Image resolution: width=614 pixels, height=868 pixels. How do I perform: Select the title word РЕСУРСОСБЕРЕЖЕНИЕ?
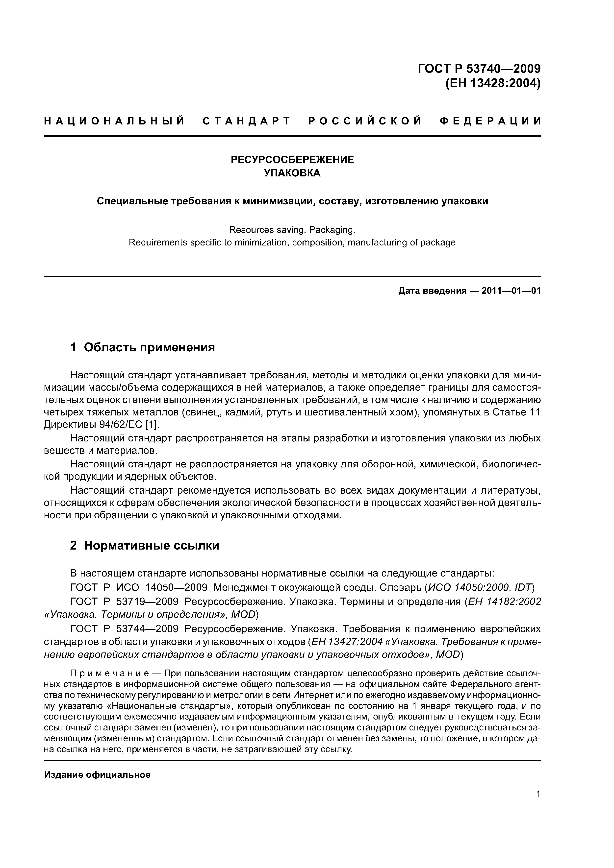tap(292, 160)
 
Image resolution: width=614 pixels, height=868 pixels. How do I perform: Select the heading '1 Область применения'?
tap(143, 347)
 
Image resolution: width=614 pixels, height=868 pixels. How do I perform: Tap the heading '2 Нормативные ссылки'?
tap(145, 546)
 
